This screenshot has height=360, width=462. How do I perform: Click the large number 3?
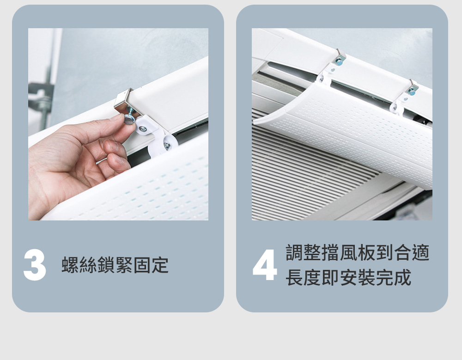[x=35, y=265]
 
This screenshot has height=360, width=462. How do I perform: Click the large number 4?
[x=265, y=265]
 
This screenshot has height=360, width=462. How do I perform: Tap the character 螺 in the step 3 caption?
[x=70, y=265]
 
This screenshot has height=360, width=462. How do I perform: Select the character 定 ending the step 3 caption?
[x=160, y=265]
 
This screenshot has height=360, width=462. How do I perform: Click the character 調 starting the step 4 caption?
[x=295, y=252]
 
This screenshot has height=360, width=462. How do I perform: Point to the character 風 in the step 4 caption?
[x=348, y=252]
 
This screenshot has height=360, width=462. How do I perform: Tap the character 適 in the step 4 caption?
[x=420, y=252]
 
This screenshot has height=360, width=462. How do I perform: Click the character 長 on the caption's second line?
[x=295, y=277]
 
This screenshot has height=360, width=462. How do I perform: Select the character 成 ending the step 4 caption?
[x=402, y=277]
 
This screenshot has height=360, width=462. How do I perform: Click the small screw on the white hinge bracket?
[x=143, y=128]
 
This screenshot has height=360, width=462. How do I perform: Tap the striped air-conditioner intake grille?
[x=310, y=168]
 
